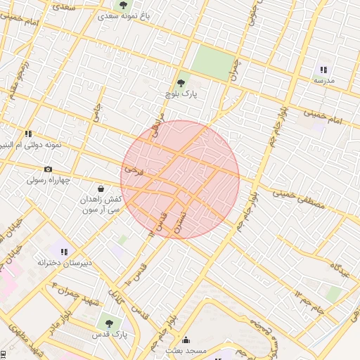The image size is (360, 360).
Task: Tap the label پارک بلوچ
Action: (182, 94)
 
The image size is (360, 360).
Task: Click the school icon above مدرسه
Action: (323, 70)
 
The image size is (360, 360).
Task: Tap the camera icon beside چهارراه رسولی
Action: (48, 169)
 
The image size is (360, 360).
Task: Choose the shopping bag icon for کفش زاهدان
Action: (101, 189)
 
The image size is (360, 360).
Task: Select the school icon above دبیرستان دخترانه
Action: (64, 251)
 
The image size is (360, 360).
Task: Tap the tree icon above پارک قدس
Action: (109, 323)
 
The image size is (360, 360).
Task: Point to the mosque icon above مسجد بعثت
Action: (186, 340)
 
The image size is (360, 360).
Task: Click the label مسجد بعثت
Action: (185, 349)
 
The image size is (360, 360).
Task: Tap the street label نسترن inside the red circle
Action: (182, 211)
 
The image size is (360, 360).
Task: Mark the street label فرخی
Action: (134, 169)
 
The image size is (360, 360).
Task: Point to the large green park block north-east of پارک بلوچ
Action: (213, 63)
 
